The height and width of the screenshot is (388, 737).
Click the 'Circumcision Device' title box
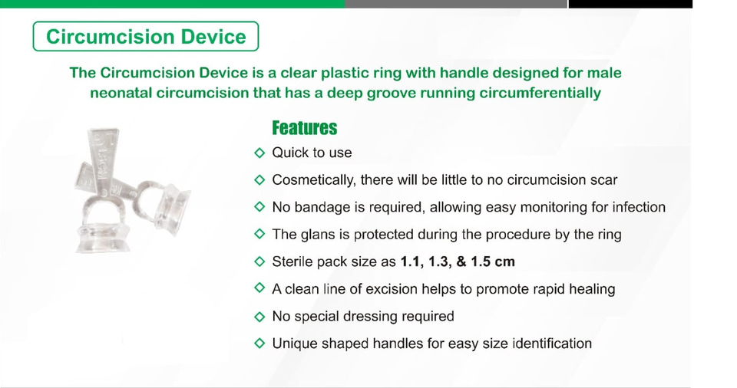[x=146, y=36]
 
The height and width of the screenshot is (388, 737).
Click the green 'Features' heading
[x=305, y=128]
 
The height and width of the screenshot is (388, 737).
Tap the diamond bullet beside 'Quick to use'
[x=259, y=153]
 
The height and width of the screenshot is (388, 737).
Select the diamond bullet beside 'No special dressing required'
[x=259, y=316]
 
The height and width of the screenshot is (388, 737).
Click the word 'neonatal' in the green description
[x=121, y=93]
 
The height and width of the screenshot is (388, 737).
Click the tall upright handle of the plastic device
[x=104, y=159]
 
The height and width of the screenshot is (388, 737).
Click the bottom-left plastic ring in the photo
[x=103, y=225]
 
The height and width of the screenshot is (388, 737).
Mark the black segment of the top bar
[x=630, y=4]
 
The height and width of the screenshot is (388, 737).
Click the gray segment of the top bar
[x=456, y=4]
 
